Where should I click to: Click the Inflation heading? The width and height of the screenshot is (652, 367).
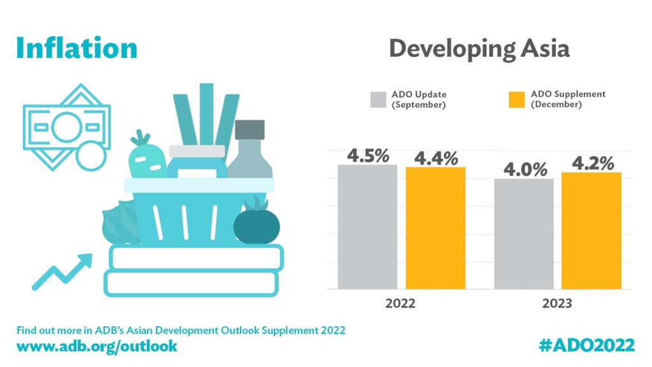[x=76, y=48]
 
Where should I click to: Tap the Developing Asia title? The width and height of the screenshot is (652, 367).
[x=479, y=48]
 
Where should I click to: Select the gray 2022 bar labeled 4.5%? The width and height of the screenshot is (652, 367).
[x=367, y=226]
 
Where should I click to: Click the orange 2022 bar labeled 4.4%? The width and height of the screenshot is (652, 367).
[x=436, y=227]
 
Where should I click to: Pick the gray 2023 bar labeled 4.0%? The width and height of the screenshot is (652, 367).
[x=524, y=233]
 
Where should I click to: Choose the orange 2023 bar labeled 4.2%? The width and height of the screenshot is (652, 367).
[x=592, y=230]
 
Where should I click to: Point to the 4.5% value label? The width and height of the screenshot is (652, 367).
[x=368, y=155]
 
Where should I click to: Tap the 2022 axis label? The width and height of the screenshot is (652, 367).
[x=401, y=303]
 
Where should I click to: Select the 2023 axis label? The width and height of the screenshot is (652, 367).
[x=557, y=303]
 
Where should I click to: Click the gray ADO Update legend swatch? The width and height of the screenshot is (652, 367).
[x=378, y=100]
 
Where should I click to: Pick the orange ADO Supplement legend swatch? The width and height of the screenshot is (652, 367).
[x=516, y=100]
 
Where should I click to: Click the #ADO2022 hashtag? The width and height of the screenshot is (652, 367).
[x=586, y=345]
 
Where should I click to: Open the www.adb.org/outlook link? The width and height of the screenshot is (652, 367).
[x=97, y=346]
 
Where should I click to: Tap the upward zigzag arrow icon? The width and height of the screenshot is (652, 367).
[x=62, y=270]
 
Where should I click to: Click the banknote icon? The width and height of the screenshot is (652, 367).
[x=66, y=125]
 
